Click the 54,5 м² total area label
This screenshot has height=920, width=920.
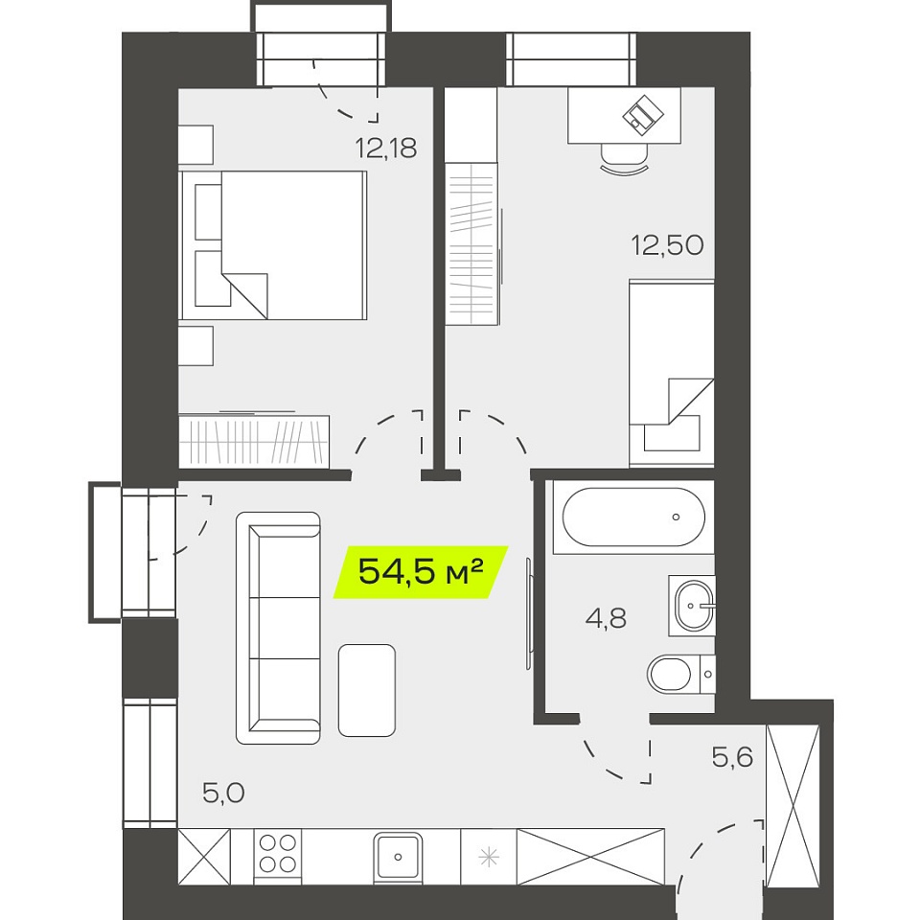[420, 571]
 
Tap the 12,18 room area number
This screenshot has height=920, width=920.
[386, 148]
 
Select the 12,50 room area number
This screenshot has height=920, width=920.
[667, 244]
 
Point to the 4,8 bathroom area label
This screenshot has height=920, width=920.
[606, 618]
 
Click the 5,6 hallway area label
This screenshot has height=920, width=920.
[732, 757]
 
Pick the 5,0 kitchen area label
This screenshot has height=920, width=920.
[223, 793]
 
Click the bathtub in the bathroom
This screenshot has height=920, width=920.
[633, 517]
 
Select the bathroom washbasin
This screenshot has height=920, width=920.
[692, 605]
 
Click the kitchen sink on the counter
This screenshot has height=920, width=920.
[398, 857]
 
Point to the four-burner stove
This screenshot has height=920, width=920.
[278, 857]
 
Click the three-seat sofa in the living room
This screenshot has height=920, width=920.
[278, 628]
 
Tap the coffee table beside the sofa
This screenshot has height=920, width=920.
[367, 690]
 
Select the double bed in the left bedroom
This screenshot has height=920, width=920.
[273, 245]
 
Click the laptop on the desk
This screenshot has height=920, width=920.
[643, 114]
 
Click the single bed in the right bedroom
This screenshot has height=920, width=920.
[671, 373]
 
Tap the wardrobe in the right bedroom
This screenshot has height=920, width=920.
[471, 244]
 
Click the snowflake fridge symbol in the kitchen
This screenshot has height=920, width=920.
[488, 857]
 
